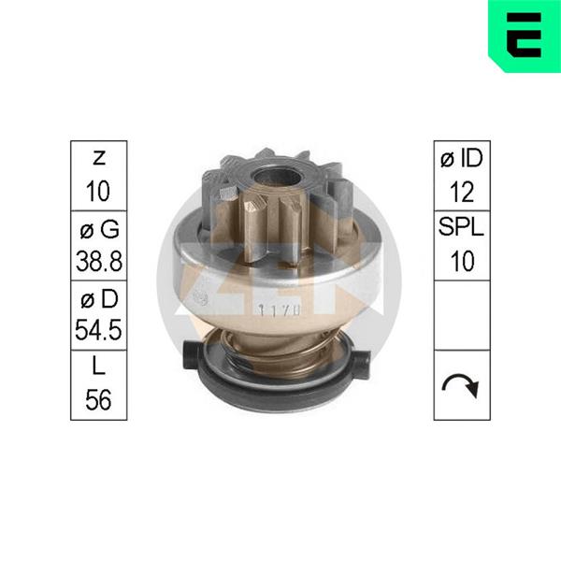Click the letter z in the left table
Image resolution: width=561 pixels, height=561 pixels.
[x=99, y=158]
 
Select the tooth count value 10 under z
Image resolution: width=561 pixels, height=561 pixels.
[x=98, y=191]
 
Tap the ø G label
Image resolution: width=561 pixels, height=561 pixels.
[x=99, y=229]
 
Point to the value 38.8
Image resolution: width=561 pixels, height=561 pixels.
[x=99, y=261]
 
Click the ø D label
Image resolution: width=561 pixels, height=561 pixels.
[x=99, y=298]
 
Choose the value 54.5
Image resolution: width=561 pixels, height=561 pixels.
[x=98, y=329]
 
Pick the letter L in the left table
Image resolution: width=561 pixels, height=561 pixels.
[x=99, y=366]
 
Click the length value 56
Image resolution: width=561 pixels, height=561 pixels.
[x=98, y=399]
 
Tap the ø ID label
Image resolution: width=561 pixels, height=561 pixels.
[x=462, y=158]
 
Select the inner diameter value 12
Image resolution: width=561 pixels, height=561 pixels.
[x=462, y=192]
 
